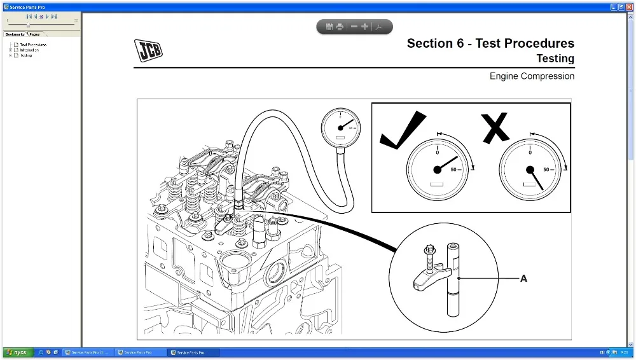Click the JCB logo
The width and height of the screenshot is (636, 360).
point(148,50)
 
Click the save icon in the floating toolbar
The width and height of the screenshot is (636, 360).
point(329,27)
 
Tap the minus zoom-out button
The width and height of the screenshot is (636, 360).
point(354,27)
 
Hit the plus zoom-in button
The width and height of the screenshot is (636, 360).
point(364,27)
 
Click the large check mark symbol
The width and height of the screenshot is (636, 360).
point(403,130)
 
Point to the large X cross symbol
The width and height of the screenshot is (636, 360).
point(496,127)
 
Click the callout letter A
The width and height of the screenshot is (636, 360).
point(523,279)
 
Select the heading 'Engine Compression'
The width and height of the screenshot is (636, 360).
point(532,76)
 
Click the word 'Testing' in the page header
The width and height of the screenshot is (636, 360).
point(555,59)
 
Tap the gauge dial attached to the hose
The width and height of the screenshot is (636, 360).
point(340,127)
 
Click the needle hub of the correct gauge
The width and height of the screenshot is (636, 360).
point(437,169)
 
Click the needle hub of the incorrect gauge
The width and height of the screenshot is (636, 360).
point(530,169)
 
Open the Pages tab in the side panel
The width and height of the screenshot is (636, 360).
point(34,34)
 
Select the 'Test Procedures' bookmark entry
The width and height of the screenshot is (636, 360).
point(33,45)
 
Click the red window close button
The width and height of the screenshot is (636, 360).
point(629,6)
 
